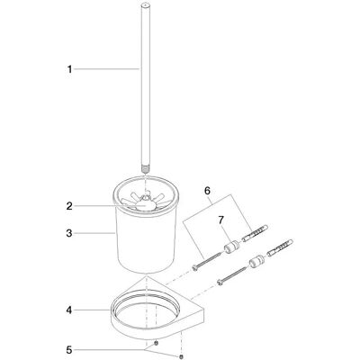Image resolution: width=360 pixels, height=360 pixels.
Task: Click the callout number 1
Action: coord(69,69)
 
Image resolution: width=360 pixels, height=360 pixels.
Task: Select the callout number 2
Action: coord(69,206)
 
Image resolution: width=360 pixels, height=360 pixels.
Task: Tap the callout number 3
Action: coord(69,233)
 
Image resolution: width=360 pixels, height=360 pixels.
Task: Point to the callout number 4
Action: coord(69,310)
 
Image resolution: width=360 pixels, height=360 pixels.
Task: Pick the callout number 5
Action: coord(69,350)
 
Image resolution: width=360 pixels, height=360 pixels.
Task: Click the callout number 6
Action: coord(207,190)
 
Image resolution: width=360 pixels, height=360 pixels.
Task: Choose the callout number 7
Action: coord(221,220)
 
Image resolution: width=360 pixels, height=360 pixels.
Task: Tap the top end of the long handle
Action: coord(146,5)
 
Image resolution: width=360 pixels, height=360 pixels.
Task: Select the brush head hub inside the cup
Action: coord(146,204)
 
